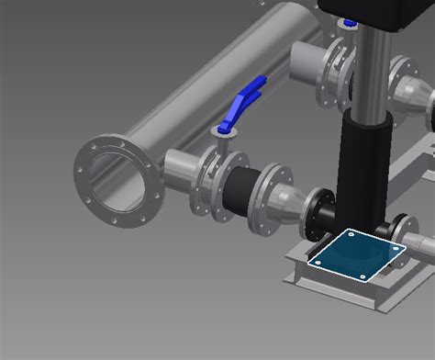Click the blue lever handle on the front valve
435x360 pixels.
pos(248,95)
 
